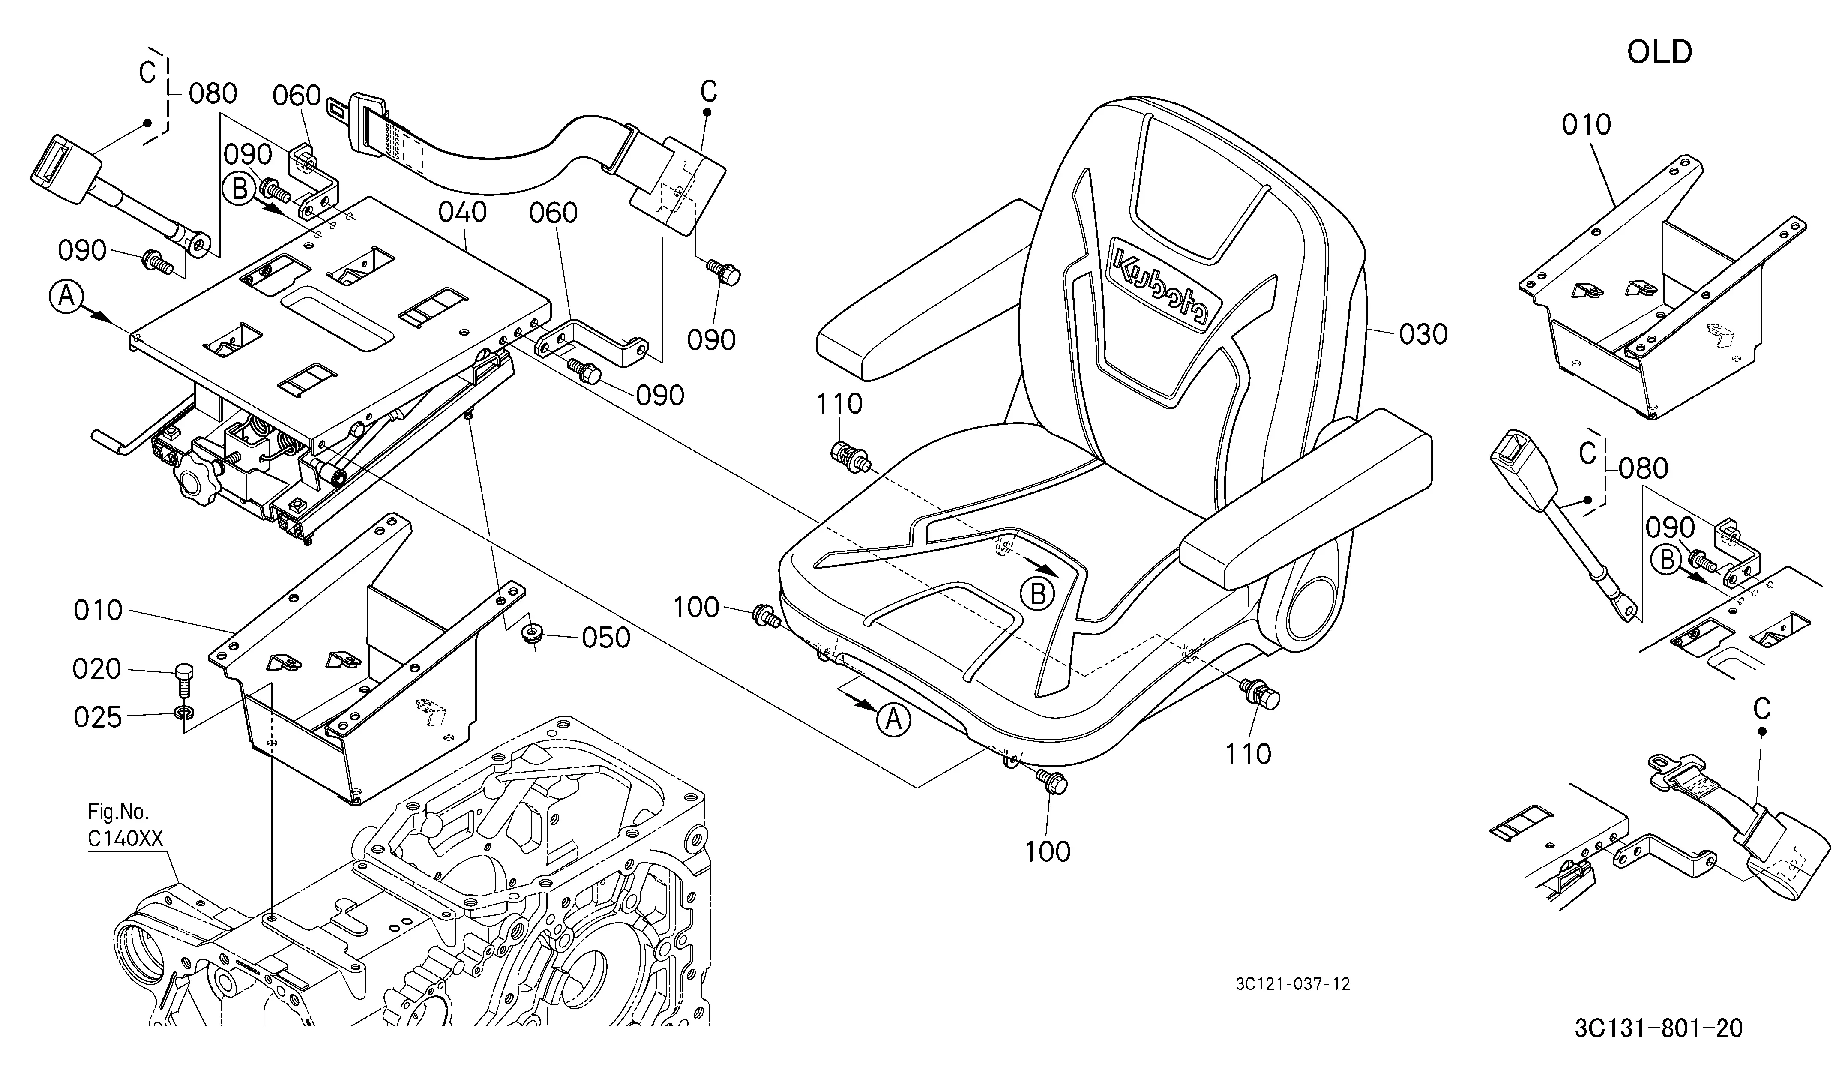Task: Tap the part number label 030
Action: tap(1423, 334)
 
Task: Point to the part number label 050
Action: tap(606, 638)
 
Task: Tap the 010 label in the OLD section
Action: tap(1586, 125)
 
